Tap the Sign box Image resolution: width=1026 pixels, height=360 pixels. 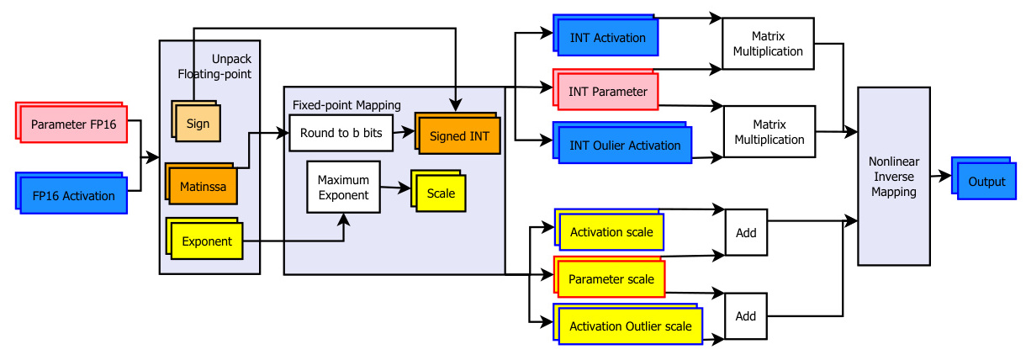[196, 121]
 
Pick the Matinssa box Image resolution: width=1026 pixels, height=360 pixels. [202, 183]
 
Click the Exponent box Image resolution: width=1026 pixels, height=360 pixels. [204, 239]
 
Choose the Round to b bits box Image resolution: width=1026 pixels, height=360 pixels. [341, 133]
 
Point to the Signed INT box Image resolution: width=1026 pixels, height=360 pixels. [457, 133]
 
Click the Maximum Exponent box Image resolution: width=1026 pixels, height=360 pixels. [343, 187]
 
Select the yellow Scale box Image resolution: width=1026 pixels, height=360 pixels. [438, 191]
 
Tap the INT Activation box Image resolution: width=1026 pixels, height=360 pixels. [606, 35]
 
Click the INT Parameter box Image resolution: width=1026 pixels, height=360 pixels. [606, 89]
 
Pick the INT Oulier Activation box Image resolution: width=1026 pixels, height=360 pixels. [622, 142]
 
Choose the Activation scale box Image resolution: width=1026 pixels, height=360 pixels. [609, 230]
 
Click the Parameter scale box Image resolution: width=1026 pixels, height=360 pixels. [609, 277]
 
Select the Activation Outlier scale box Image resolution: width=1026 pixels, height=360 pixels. [628, 324]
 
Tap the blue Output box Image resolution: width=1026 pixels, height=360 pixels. [984, 178]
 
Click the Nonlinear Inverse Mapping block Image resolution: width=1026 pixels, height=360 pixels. [894, 177]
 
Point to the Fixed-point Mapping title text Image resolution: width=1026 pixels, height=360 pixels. [346, 105]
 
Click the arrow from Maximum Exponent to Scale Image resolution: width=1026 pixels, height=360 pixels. [396, 188]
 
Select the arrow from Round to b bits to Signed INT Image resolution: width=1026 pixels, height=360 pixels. [404, 132]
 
